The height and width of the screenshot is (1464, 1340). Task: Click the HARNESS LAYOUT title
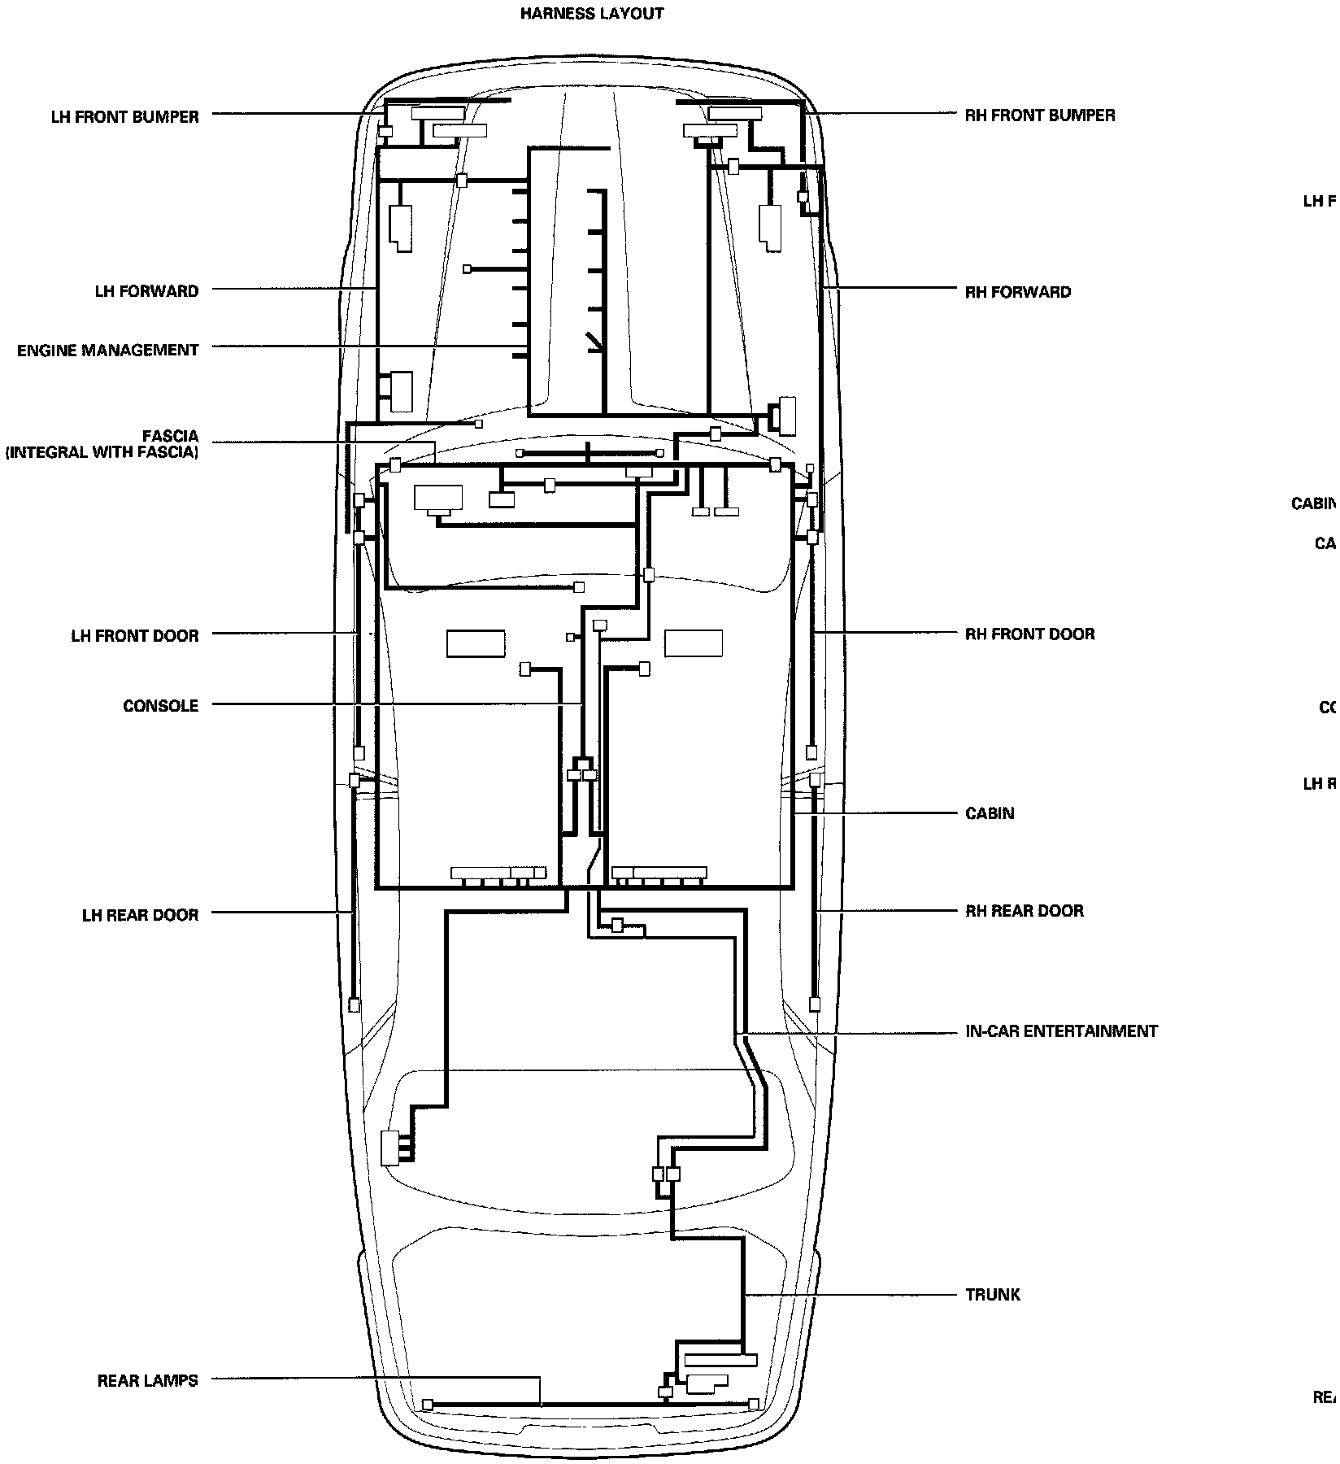tap(591, 14)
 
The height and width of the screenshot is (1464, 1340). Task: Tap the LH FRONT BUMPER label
tap(124, 117)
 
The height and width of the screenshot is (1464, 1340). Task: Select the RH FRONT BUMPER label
tap(1039, 115)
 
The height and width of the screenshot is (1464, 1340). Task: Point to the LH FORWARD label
tap(146, 291)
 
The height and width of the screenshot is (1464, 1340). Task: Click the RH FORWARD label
tap(1017, 292)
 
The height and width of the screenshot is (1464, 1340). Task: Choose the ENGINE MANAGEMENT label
tap(107, 351)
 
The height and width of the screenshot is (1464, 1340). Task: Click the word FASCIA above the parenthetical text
tap(170, 437)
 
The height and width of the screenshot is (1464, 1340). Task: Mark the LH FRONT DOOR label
tap(134, 636)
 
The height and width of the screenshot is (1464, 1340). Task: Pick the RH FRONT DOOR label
tap(1029, 634)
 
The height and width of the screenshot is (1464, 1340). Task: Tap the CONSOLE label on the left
tap(160, 706)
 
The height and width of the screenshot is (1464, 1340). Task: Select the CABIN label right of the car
tap(990, 813)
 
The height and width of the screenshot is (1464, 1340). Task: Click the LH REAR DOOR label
tap(140, 915)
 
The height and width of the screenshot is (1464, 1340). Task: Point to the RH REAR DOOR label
tap(1024, 911)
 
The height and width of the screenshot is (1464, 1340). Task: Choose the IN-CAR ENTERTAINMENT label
tap(1061, 1031)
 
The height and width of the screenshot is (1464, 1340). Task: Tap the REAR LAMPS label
tap(147, 1381)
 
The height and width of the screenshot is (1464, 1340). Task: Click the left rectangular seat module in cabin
tap(476, 643)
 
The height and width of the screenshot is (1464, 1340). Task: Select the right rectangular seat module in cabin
tap(694, 643)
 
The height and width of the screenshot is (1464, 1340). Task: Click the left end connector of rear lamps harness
tap(428, 1405)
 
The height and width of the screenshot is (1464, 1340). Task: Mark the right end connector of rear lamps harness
tap(753, 1404)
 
